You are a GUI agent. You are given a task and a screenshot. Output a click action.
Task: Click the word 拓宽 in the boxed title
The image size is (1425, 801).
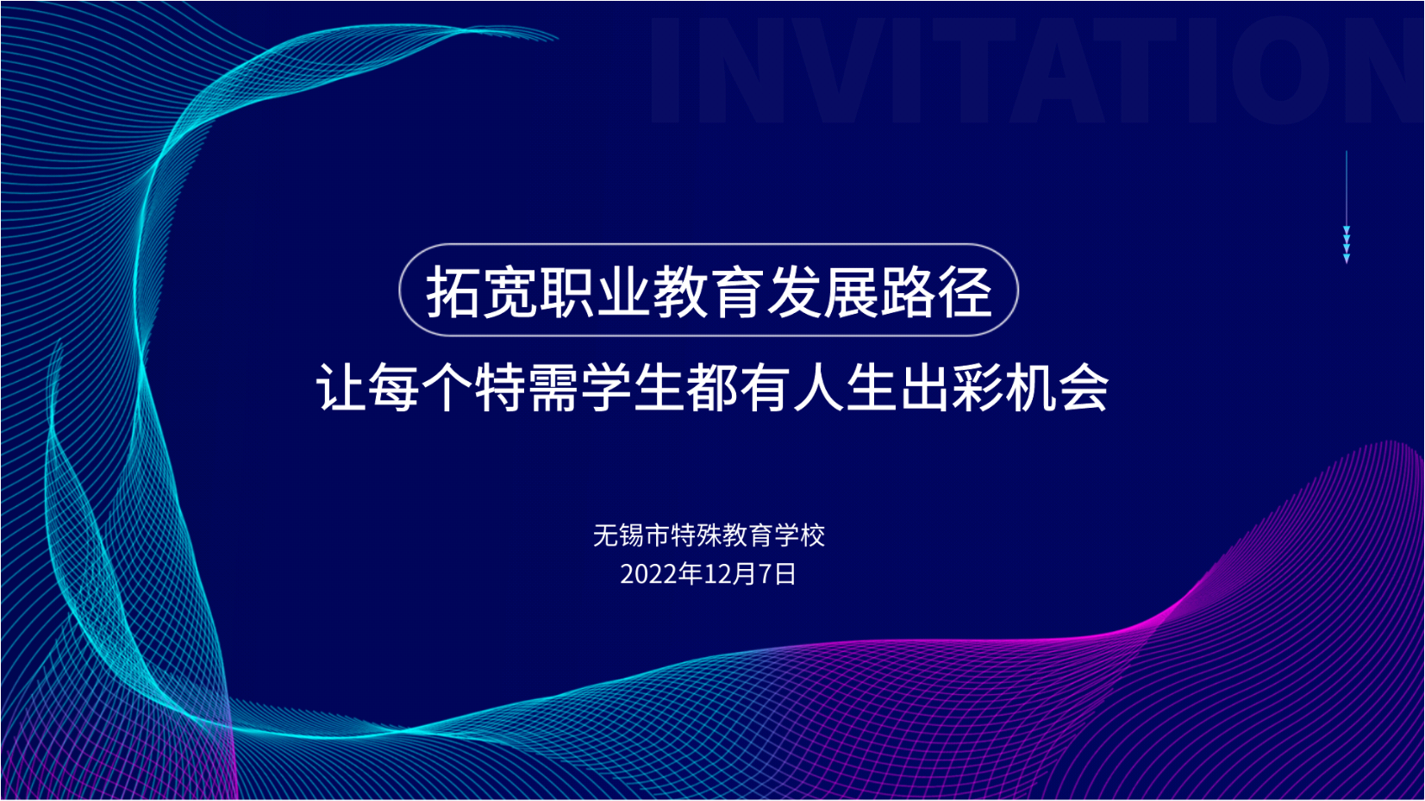point(482,292)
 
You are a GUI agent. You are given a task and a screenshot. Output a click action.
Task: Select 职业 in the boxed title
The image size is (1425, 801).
point(595,292)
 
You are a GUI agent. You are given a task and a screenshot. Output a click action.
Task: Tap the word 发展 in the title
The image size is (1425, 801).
point(822,292)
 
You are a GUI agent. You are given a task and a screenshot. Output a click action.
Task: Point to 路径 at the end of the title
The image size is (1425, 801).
point(935,292)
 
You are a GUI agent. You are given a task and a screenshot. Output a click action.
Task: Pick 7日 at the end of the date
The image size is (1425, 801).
point(776,574)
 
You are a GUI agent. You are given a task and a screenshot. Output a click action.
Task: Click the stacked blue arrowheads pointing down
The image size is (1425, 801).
point(1346,244)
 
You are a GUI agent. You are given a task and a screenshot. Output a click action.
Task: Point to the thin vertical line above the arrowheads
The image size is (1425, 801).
point(1346,188)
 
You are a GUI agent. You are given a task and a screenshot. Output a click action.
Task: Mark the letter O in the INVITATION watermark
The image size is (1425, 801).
point(1281,70)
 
